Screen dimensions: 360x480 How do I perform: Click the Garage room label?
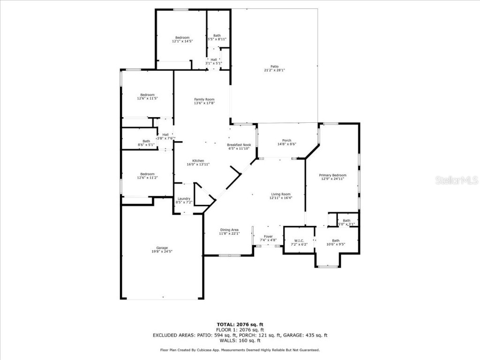[162, 248]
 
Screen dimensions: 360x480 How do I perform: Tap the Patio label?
[274, 67]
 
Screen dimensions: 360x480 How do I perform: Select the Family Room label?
[204, 99]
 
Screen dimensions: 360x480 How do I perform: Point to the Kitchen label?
[198, 161]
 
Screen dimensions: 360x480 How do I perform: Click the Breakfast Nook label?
[239, 145]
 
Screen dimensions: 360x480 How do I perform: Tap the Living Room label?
[281, 194]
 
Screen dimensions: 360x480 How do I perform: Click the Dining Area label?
[229, 230]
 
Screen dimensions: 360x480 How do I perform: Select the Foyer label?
[268, 236]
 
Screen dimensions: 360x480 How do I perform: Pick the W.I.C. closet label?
[299, 240]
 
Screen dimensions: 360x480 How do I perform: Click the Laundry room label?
[184, 199]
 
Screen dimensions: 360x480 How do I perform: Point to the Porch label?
[286, 141]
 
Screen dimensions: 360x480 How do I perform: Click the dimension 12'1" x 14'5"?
[182, 41]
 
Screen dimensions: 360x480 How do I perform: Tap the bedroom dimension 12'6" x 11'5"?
[147, 98]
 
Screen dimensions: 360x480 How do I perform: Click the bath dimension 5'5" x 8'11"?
[217, 39]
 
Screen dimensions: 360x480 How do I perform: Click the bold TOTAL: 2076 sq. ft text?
[240, 324]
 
